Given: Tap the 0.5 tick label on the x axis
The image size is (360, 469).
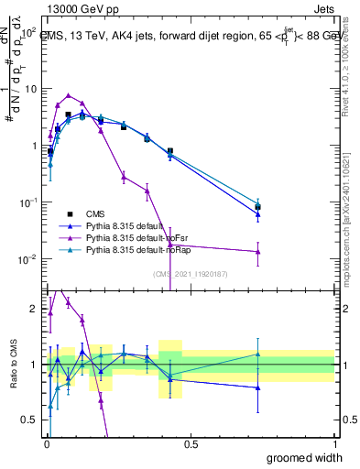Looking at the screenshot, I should (190, 444).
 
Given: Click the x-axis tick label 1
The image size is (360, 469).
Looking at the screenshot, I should (333, 444).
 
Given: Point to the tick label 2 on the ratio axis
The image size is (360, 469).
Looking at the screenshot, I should (34, 310).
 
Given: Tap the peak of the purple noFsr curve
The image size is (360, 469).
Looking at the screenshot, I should (69, 95).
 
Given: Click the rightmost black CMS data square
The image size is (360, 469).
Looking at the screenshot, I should (258, 207).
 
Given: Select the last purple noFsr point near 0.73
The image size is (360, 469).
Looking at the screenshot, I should (258, 251).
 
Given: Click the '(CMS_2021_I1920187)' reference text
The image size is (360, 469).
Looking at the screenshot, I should (189, 273).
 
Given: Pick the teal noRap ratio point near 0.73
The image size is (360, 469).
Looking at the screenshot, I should (258, 354).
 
